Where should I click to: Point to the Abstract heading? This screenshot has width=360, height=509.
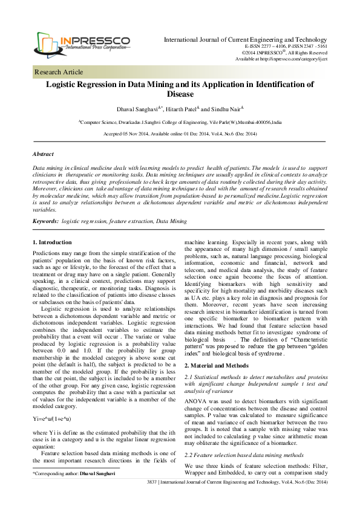click(x=43, y=154)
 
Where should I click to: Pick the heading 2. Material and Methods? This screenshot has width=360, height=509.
click(x=217, y=332)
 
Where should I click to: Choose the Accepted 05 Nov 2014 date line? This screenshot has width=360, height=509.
click(x=180, y=133)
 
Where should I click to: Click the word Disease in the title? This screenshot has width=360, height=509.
click(x=179, y=94)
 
